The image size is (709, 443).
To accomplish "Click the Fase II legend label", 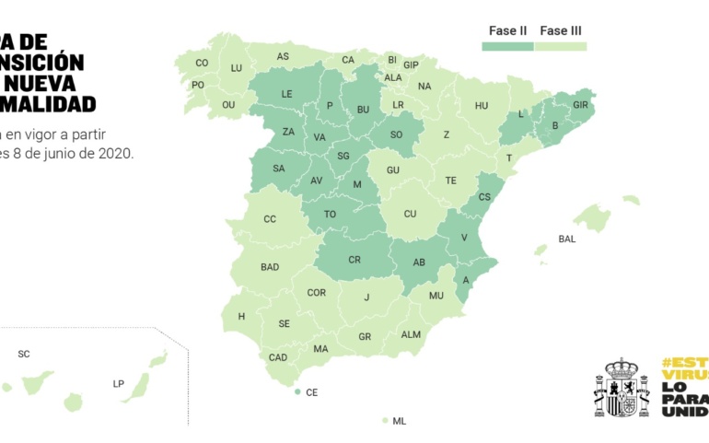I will pyautogui.click(x=507, y=30).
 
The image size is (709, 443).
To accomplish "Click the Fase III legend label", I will pyautogui.click(x=561, y=30).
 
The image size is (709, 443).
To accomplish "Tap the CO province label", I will pyautogui.click(x=202, y=64).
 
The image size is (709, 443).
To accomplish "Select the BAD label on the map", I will pyautogui.click(x=270, y=267).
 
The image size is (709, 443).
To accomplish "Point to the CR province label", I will pyautogui.click(x=354, y=260).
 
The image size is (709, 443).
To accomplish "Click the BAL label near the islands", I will pyautogui.click(x=566, y=239).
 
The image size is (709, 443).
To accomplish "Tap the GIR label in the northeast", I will pyautogui.click(x=580, y=105).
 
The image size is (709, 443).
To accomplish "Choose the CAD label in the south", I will pyautogui.click(x=278, y=357).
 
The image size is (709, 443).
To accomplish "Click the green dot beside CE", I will pyautogui.click(x=297, y=392).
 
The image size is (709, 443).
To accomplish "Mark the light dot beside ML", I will pyautogui.click(x=384, y=421).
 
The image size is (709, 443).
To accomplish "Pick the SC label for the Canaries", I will pyautogui.click(x=24, y=354).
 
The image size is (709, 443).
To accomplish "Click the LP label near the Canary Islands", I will pyautogui.click(x=118, y=383).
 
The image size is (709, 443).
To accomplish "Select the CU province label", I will pyautogui.click(x=410, y=214).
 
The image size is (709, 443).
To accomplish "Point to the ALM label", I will pyautogui.click(x=411, y=334).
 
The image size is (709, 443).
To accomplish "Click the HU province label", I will pyautogui.click(x=482, y=106).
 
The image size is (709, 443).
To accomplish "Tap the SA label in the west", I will pyautogui.click(x=278, y=169).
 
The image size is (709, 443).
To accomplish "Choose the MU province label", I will pyautogui.click(x=436, y=296).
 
